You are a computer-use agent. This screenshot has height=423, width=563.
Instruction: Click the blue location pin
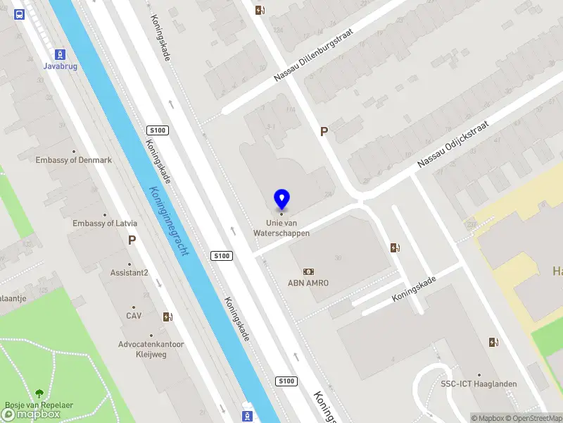tap(281, 200)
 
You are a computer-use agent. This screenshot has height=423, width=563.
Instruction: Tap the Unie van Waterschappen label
tap(281, 228)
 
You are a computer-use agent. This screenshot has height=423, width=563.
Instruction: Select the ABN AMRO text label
tap(308, 283)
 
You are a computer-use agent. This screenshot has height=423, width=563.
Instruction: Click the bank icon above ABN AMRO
tap(308, 271)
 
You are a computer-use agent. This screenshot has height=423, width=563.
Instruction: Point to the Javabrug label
tap(61, 66)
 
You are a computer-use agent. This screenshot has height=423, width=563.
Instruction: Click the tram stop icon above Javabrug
tap(61, 54)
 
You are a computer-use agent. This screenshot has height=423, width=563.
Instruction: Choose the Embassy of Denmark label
tap(74, 160)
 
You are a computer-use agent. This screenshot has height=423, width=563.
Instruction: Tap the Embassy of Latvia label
tap(105, 223)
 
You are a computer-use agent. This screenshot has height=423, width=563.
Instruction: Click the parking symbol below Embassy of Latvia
tap(132, 240)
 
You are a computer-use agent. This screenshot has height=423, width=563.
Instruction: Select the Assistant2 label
tap(129, 273)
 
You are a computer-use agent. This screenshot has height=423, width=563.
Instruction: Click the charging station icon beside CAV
tap(167, 317)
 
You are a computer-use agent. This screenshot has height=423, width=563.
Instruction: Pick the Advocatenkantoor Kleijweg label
tap(151, 349)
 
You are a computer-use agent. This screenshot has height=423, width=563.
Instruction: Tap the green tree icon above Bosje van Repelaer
tap(39, 394)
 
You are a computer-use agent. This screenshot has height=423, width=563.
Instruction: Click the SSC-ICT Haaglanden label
tap(479, 384)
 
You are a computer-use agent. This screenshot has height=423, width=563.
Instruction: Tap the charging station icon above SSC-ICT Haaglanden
tap(494, 343)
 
